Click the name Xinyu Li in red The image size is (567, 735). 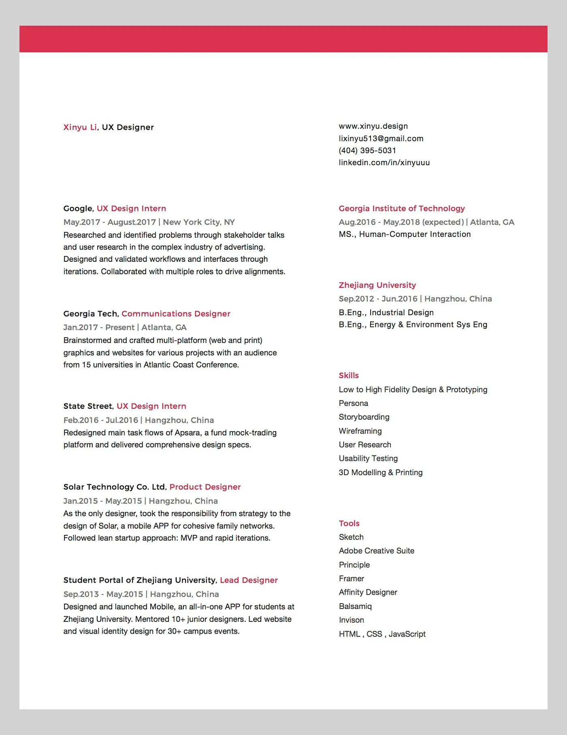[x=80, y=127]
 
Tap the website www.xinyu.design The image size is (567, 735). [x=373, y=126]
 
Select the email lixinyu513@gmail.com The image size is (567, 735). [x=381, y=139]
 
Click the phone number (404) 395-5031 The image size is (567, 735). [x=367, y=151]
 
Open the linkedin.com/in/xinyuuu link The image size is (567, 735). [x=384, y=162]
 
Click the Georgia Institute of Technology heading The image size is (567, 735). [x=401, y=208]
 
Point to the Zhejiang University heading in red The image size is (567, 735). [x=377, y=285]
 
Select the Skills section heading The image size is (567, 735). [x=349, y=376]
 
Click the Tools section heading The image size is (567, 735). [x=349, y=523]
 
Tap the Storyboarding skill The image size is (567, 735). [x=364, y=417]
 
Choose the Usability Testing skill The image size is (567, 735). [x=368, y=458]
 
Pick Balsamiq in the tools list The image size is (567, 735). [x=355, y=606]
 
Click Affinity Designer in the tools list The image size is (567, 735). [x=368, y=592]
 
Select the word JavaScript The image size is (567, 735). [x=407, y=634]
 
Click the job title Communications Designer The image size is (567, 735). [x=176, y=314]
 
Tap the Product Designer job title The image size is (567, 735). [x=205, y=487]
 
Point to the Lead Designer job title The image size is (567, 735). [x=249, y=580]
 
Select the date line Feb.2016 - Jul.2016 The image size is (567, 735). [x=100, y=420]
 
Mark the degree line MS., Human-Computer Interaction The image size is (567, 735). [x=405, y=234]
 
